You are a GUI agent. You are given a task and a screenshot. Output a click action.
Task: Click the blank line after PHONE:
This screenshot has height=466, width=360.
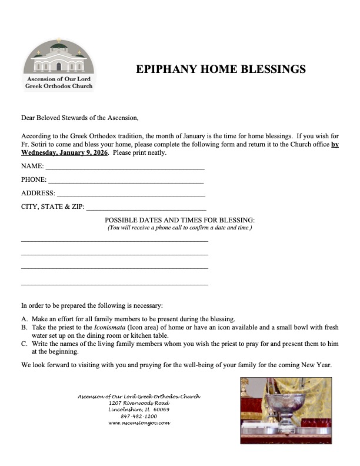[126, 181]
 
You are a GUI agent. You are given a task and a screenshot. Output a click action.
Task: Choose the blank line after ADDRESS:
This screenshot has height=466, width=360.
[131, 194]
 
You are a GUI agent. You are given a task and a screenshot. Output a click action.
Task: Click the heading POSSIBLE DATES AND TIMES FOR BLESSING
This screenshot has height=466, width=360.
[179, 219]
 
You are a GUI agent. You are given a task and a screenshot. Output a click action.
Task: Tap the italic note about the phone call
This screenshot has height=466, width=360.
[179, 228]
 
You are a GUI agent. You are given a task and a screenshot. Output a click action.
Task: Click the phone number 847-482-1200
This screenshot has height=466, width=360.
[139, 416]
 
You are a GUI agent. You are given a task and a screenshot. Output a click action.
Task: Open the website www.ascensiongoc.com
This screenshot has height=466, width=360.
[139, 423]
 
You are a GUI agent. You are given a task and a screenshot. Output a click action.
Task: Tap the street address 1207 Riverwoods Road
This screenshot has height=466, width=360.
[139, 402]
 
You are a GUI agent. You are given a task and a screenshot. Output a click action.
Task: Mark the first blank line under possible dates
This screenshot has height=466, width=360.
[115, 241]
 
